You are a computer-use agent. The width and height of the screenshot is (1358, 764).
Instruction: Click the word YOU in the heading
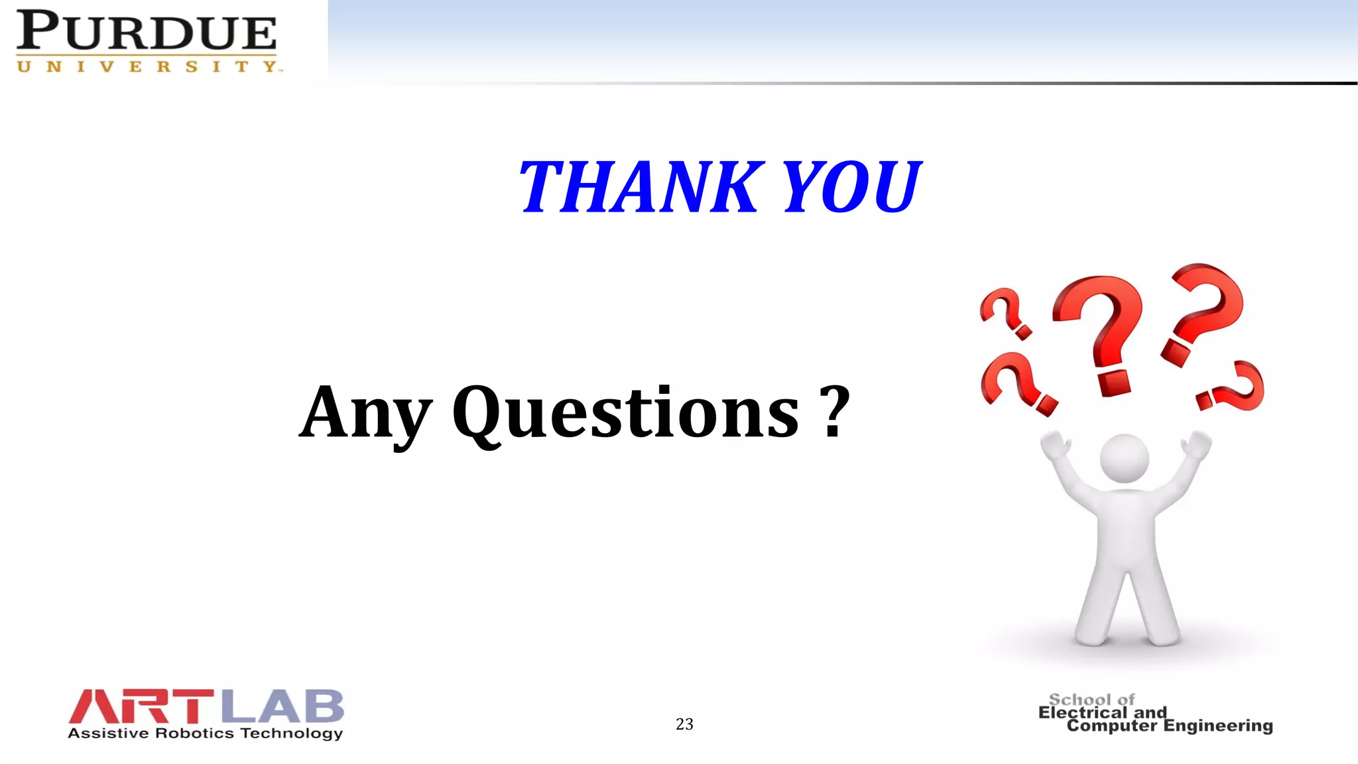[x=851, y=188]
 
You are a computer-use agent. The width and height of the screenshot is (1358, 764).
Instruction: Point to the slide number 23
[x=684, y=724]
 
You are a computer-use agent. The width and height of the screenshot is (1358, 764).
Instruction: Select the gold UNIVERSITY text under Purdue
[x=149, y=66]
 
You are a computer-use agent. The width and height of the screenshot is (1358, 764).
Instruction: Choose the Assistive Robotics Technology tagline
[x=205, y=733]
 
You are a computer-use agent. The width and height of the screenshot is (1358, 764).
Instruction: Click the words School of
[x=1091, y=700]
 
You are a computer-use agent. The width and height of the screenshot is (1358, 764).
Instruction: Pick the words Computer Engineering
[x=1170, y=726]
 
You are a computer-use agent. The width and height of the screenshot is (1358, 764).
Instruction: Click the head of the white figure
[x=1124, y=458]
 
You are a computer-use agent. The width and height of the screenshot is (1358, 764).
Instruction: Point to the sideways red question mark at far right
[x=1232, y=387]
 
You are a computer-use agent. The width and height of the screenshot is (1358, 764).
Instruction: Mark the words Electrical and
[x=1102, y=712]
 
